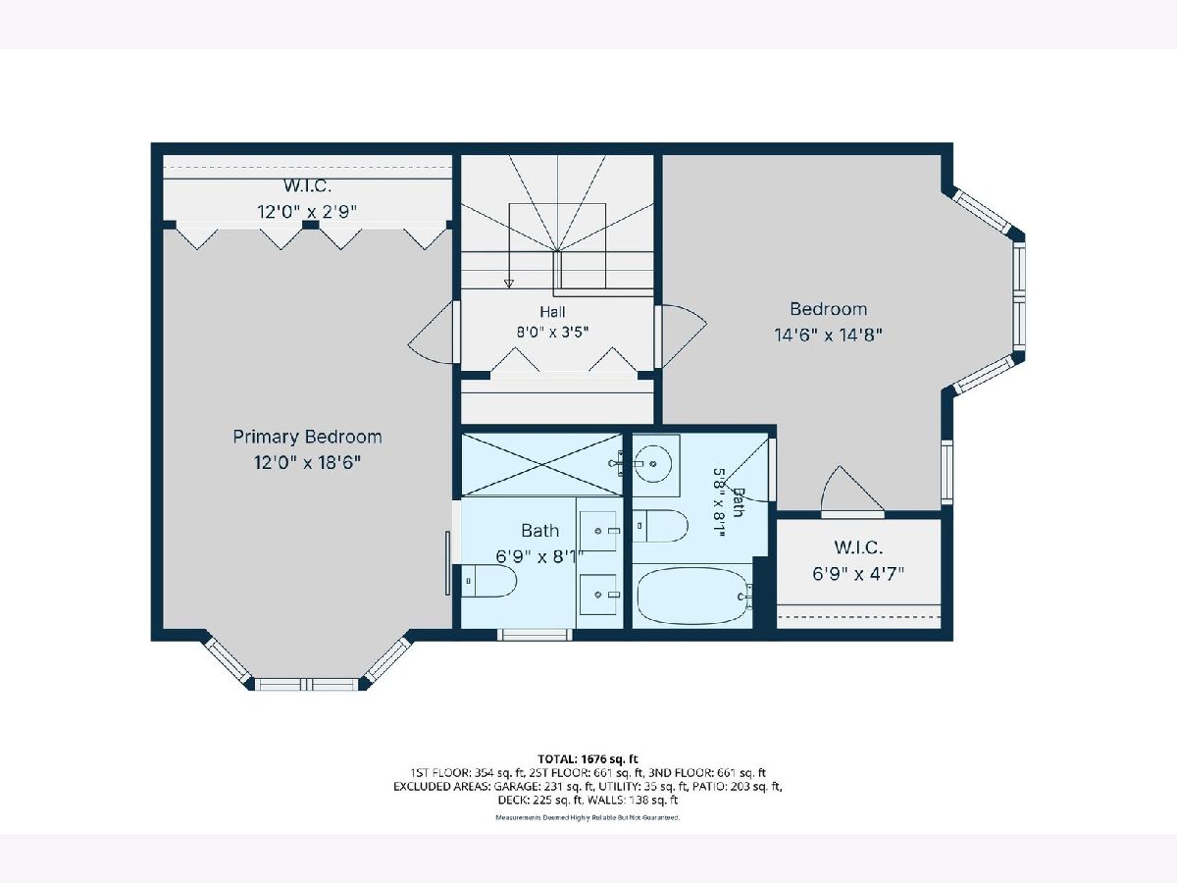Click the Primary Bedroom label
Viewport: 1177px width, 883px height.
coord(307,437)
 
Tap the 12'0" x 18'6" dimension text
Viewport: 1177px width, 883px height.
coord(307,462)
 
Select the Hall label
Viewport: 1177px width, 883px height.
coord(552,311)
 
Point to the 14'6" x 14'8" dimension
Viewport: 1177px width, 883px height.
coord(829,336)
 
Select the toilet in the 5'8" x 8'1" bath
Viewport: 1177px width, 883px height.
coord(660,526)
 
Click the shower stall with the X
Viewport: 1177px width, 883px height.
coord(542,464)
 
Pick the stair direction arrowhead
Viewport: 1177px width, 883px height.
coord(509,284)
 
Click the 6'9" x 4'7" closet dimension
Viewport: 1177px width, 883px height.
coord(858,574)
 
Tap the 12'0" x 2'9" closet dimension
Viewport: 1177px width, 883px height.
coord(307,212)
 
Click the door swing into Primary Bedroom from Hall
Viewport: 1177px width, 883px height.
coord(434,333)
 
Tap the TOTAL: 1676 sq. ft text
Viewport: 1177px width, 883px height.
coord(588,758)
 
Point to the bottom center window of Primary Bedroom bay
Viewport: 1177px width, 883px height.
coord(307,685)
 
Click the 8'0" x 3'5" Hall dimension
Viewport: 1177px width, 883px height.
coord(552,333)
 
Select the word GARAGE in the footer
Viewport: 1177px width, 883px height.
coord(518,787)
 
